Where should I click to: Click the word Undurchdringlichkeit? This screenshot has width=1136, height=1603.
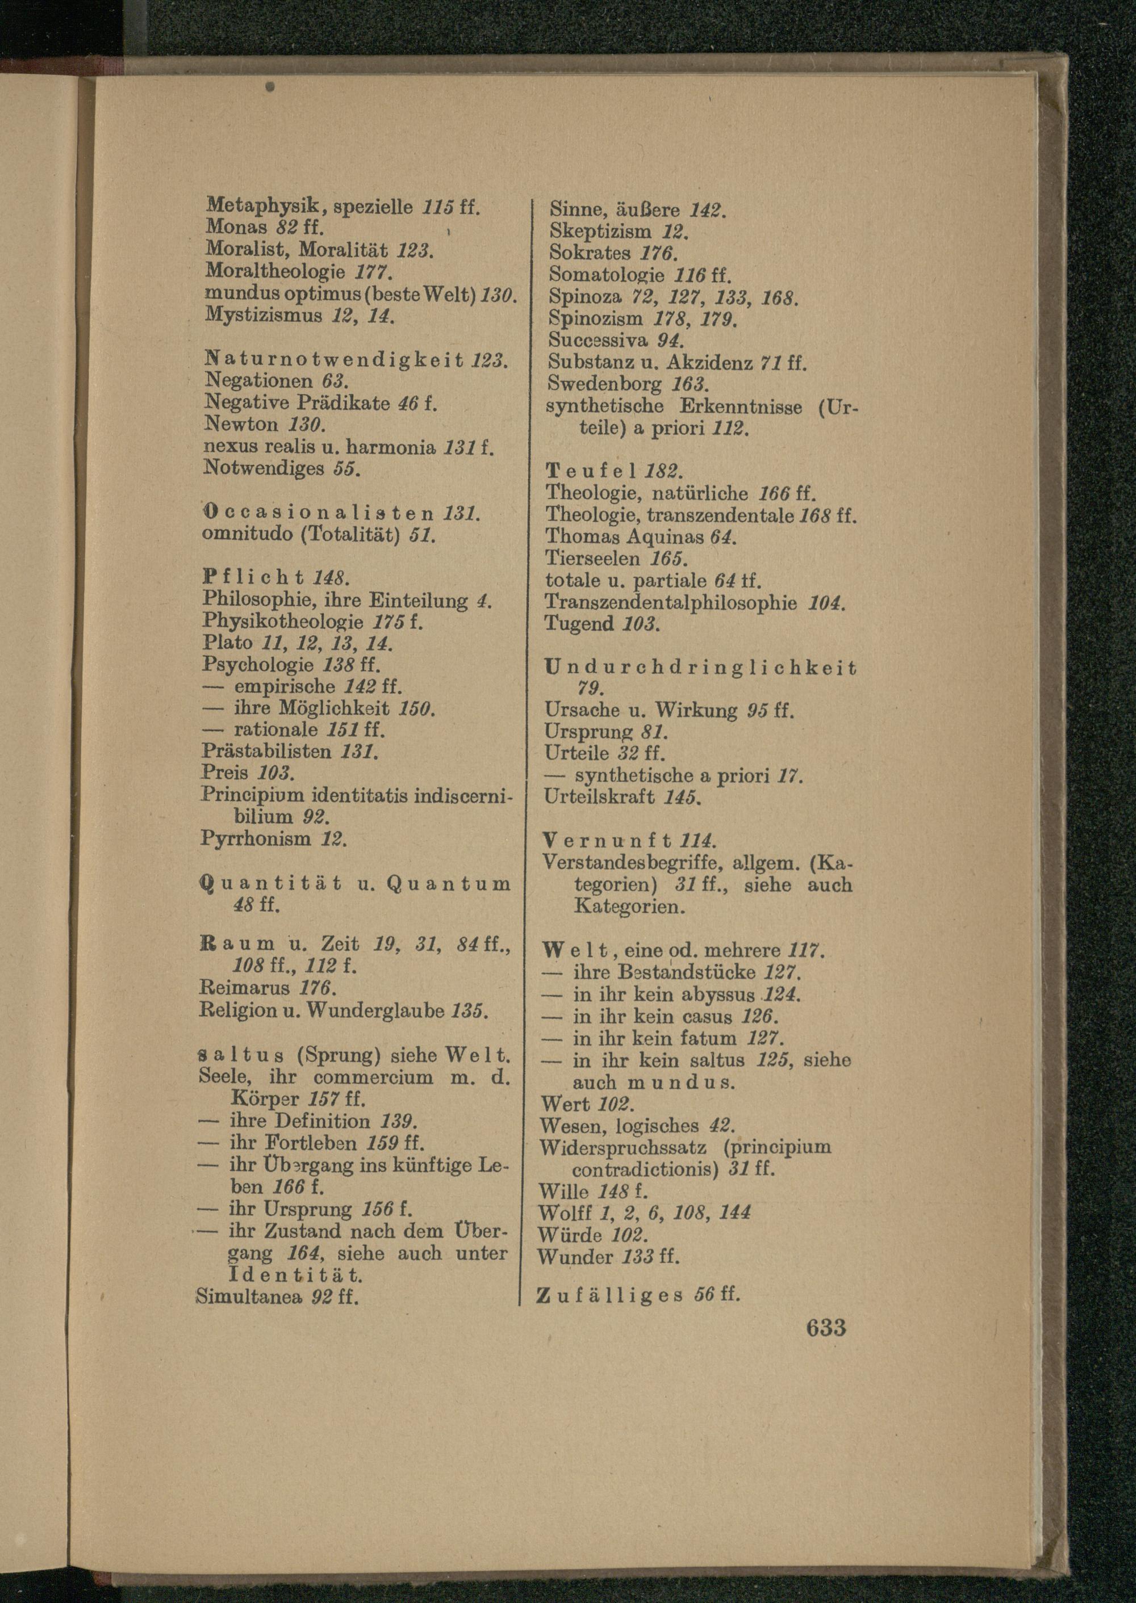pyautogui.click(x=700, y=667)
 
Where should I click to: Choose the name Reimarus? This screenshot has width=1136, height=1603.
pyautogui.click(x=245, y=988)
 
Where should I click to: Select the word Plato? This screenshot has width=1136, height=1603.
pyautogui.click(x=227, y=643)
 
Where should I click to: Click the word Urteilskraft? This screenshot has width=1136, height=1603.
pyautogui.click(x=599, y=796)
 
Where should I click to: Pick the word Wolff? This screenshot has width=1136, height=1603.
pyautogui.click(x=565, y=1212)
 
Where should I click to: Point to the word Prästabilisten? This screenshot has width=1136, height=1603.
pyautogui.click(x=266, y=751)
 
